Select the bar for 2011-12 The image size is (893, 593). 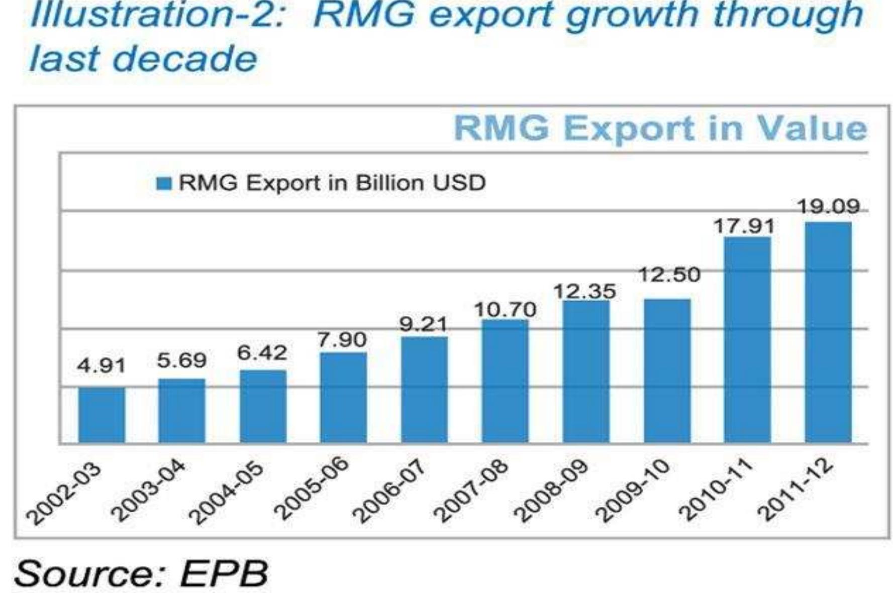point(828,332)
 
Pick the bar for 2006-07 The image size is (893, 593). point(424,390)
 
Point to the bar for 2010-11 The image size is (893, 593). point(747,340)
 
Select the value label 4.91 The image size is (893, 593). point(101,366)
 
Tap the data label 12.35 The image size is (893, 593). point(585,291)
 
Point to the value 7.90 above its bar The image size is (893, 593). point(342,340)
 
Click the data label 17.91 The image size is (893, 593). point(744,226)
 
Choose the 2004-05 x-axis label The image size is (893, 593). point(229,493)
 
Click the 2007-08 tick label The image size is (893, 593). point(471,493)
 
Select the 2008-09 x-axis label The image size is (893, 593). point(552,493)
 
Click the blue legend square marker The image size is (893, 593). point(163,183)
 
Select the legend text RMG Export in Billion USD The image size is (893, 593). point(332,183)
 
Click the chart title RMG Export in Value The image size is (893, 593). point(660,129)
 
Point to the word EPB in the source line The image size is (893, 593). point(224,573)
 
